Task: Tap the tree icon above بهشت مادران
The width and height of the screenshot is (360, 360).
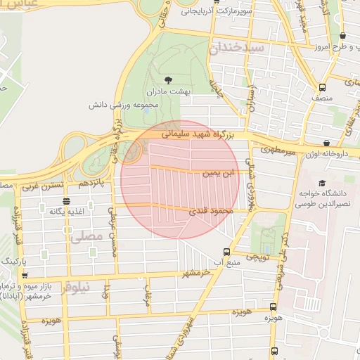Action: pyautogui.click(x=167, y=79)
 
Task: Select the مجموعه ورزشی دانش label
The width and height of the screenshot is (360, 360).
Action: pyautogui.click(x=116, y=105)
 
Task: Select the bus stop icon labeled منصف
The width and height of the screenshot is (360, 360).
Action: pyautogui.click(x=322, y=87)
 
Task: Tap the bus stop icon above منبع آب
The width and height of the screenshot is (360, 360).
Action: pyautogui.click(x=226, y=251)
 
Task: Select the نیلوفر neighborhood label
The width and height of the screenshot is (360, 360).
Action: pyautogui.click(x=75, y=288)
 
